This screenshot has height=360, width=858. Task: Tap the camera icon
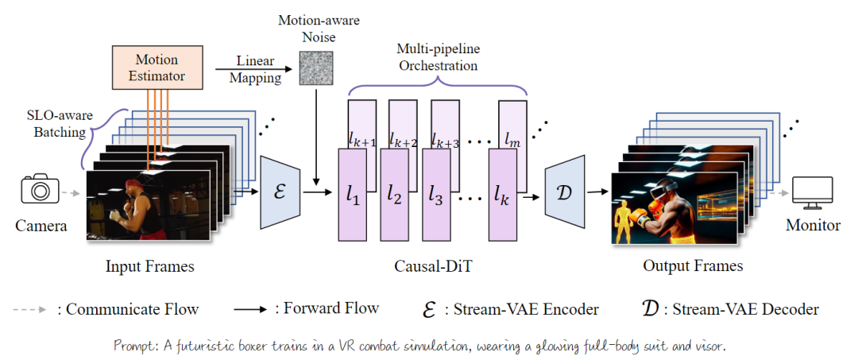(x=41, y=191)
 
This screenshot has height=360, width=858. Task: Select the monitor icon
(x=813, y=191)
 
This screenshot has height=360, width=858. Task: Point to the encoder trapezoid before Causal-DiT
(x=279, y=192)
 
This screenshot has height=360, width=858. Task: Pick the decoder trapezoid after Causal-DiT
(x=565, y=192)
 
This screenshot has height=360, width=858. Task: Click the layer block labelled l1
(x=352, y=194)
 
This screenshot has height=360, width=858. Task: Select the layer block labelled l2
(x=393, y=194)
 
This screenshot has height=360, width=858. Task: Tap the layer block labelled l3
(x=435, y=194)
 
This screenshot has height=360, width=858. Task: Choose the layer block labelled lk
(x=501, y=194)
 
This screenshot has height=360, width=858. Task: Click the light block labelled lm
(x=514, y=127)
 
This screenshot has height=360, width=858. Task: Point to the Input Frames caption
(x=150, y=266)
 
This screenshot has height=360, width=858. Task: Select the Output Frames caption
(x=693, y=266)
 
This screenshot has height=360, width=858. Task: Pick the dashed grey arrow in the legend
(x=32, y=309)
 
